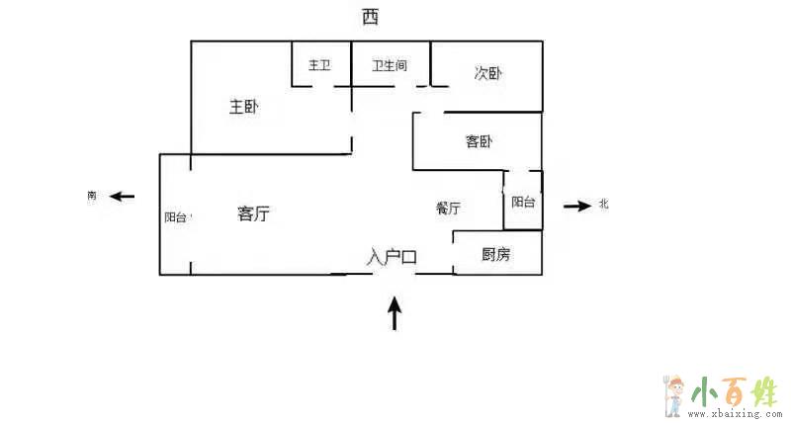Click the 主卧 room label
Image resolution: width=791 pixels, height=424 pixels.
243,107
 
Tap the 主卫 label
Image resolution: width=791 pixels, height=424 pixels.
319,66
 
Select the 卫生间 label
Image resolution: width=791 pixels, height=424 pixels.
390,66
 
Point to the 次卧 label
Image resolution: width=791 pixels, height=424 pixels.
487,73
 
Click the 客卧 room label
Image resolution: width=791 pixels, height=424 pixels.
479,142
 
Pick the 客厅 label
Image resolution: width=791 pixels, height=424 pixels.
254,213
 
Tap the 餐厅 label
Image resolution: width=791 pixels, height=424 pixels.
448,209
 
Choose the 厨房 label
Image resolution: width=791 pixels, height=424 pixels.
495,255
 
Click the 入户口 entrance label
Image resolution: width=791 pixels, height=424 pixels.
393,257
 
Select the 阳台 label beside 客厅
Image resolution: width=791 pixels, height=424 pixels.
175,217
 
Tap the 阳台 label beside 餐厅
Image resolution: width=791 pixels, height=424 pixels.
523,202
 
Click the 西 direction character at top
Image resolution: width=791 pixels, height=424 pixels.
370,17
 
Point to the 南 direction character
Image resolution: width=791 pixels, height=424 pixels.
92,197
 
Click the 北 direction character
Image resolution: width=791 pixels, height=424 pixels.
603,206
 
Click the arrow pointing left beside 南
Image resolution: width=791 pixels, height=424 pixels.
122,197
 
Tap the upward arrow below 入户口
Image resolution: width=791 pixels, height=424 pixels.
395,313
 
